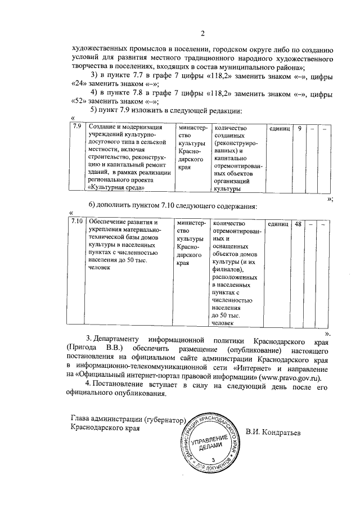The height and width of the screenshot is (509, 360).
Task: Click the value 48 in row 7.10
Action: click(x=299, y=224)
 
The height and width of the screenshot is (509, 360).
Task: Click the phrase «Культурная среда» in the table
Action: click(x=115, y=187)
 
